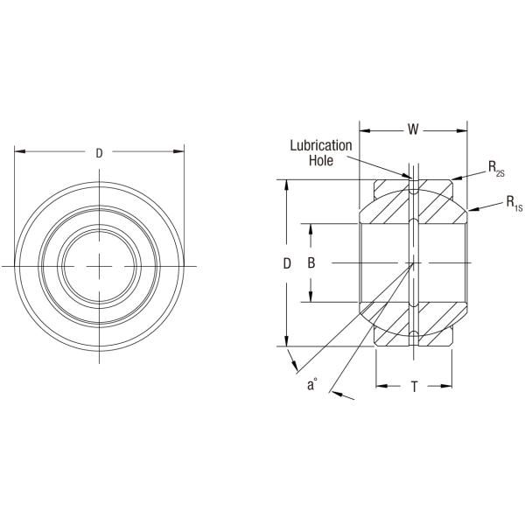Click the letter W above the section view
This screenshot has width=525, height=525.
(412, 130)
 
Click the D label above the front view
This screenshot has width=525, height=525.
(99, 153)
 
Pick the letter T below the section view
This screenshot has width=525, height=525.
(414, 385)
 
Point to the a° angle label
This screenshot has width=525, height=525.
(311, 382)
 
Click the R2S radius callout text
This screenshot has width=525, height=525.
(495, 168)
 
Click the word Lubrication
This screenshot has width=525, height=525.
(321, 145)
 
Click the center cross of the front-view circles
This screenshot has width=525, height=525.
(101, 264)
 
